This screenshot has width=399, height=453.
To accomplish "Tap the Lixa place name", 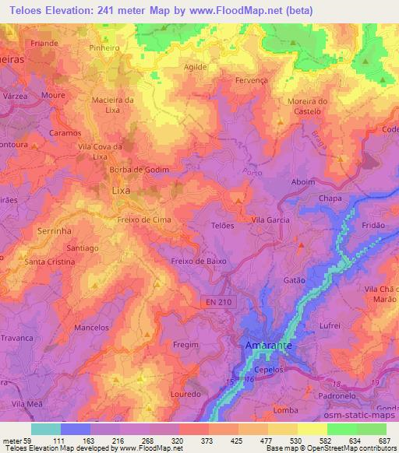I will [121, 189].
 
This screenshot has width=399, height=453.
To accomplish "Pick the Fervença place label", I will [240, 80].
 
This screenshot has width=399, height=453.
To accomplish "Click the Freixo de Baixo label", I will [199, 262].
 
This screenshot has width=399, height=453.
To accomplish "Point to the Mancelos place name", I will [91, 328].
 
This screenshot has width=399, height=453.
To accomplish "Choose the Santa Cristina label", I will [50, 262].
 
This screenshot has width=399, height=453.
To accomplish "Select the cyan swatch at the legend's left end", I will [46, 429].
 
